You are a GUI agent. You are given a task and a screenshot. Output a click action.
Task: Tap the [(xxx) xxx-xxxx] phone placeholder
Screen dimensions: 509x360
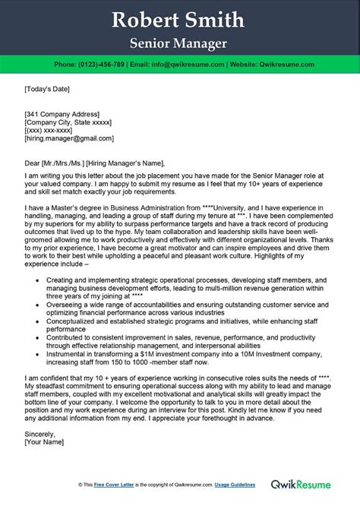click(49, 128)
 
